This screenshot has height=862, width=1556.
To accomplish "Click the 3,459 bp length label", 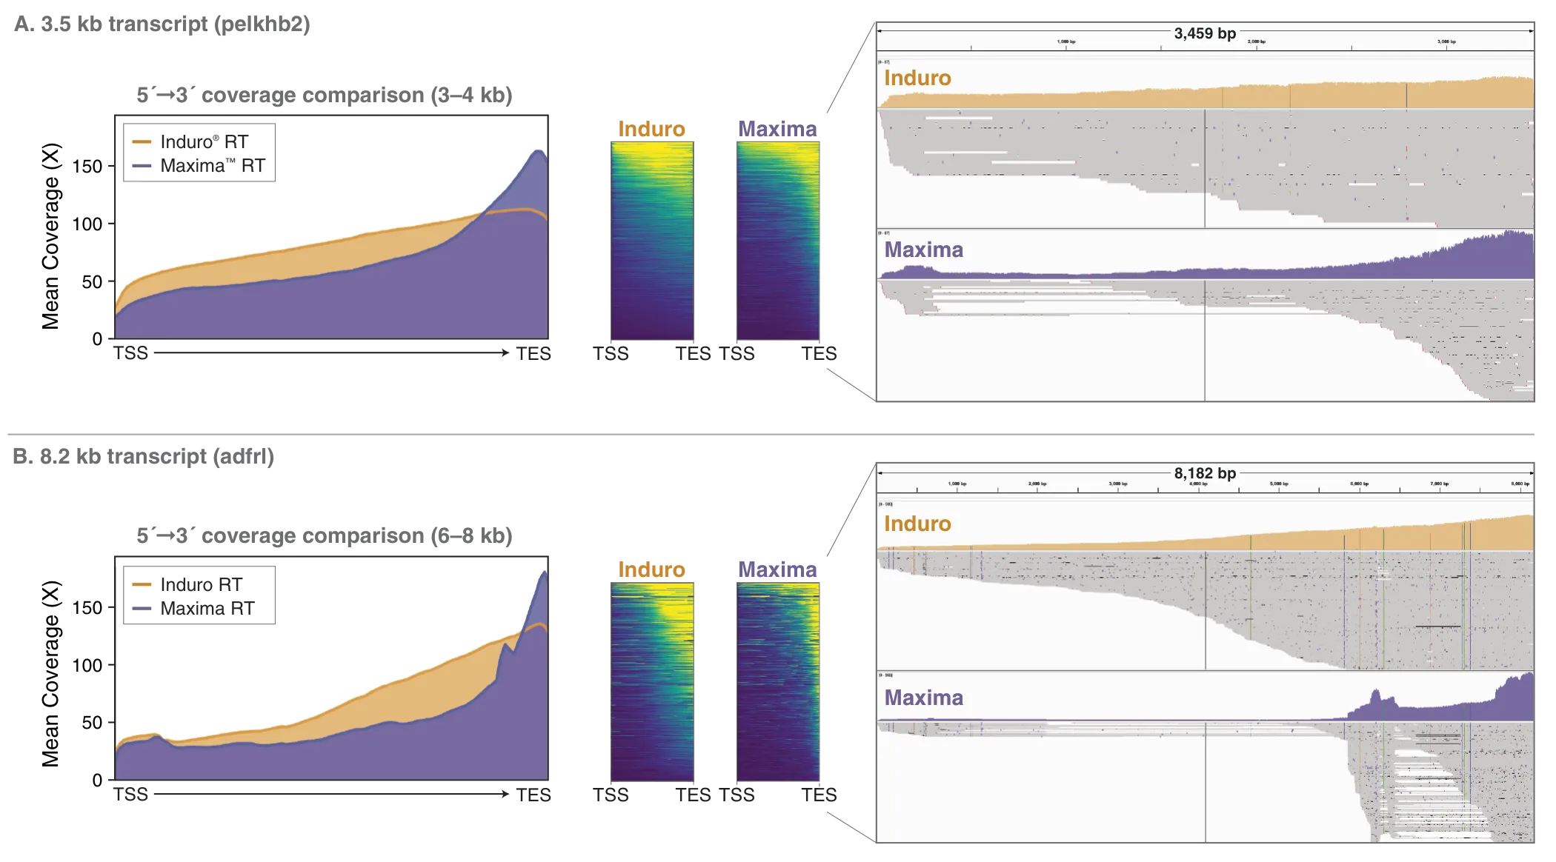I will pos(1205,33).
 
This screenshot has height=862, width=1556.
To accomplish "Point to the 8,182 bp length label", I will pos(1205,473).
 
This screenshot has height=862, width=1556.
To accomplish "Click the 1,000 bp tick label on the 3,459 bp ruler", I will pos(1066,42).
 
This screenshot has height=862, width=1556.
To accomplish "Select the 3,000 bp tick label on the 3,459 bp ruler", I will pos(1446,42).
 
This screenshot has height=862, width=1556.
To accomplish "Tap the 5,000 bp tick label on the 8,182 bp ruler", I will pos(1279,484).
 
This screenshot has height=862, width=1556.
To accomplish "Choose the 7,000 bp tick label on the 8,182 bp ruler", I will pos(1440,484).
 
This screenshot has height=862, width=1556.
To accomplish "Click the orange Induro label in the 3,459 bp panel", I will pos(917,78).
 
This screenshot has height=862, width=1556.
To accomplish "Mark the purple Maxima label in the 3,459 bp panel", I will pos(923,250).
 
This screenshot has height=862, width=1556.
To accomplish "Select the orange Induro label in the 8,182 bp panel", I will pos(917,524).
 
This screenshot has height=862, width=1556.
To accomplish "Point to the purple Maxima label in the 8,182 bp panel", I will pos(923,698).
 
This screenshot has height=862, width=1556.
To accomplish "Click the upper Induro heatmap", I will pos(652,241).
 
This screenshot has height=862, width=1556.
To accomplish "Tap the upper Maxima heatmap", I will pos(778,241).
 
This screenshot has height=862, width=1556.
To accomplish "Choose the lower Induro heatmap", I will pos(652,681).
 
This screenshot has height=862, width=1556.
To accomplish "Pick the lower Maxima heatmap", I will pos(778,681).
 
